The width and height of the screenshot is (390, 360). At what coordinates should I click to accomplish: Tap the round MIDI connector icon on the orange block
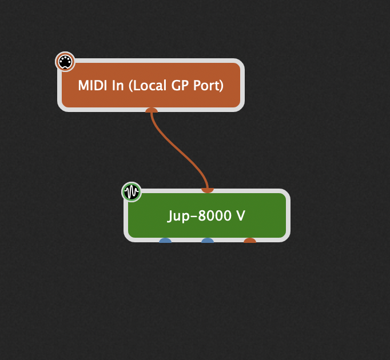coord(65,62)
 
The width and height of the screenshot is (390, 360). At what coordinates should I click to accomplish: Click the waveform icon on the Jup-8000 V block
coord(132,192)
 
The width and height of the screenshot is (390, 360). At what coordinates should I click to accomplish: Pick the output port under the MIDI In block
coord(151,110)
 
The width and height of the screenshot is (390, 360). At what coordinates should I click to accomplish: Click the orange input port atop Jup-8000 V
coord(208,190)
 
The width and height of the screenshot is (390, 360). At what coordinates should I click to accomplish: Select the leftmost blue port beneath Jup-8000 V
coord(165,241)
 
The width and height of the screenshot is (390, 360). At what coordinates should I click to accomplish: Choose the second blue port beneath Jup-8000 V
coord(208,241)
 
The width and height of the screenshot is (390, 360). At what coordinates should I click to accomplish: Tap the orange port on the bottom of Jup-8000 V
coord(250,241)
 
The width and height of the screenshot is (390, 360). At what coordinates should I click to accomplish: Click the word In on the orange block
coord(117,86)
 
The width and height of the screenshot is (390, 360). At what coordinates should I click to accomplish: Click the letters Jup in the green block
coord(179,216)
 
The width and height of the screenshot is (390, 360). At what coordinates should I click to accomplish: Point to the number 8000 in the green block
coord(214,216)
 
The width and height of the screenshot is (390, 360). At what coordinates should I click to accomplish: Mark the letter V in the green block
coord(241,216)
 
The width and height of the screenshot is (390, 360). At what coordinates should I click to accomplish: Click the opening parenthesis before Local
coord(130,86)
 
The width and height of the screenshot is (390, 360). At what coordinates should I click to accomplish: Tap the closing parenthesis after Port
coord(221,86)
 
